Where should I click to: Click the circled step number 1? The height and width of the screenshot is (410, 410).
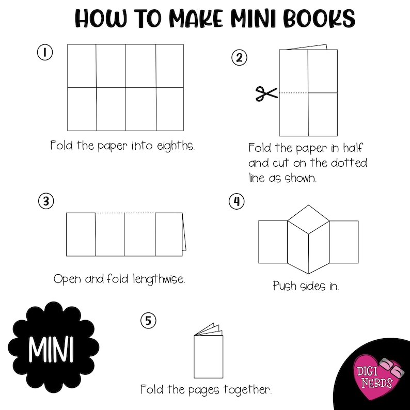tap(45, 52)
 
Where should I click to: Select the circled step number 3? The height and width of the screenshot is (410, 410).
tap(46, 201)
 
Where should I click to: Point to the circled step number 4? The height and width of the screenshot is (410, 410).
tap(237, 201)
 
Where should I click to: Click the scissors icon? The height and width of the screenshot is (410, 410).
tap(266, 93)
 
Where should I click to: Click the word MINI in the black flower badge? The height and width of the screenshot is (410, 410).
tap(51, 351)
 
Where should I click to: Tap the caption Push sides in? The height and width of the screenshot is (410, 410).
tap(306, 286)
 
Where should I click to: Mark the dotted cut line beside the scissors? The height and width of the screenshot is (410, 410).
tap(294, 92)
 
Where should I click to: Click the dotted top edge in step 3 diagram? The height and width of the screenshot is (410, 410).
tap(125, 213)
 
